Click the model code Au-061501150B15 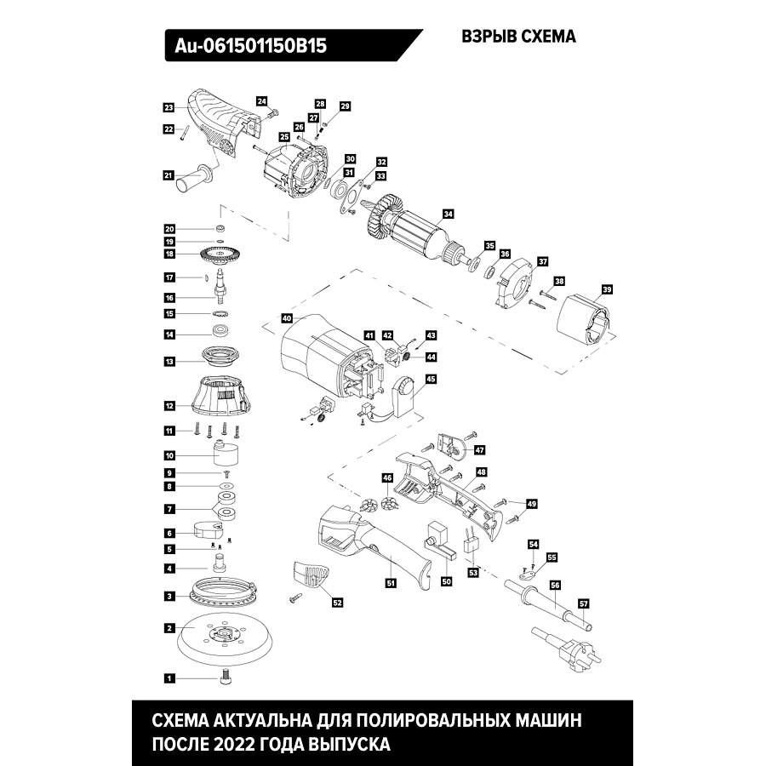[251, 45]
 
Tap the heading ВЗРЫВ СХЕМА [518, 37]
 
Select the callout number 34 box [449, 214]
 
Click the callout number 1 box [169, 678]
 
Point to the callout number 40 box [287, 318]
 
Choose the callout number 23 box [169, 107]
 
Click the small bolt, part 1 [226, 677]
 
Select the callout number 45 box [432, 379]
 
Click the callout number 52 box [337, 603]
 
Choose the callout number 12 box [169, 406]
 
